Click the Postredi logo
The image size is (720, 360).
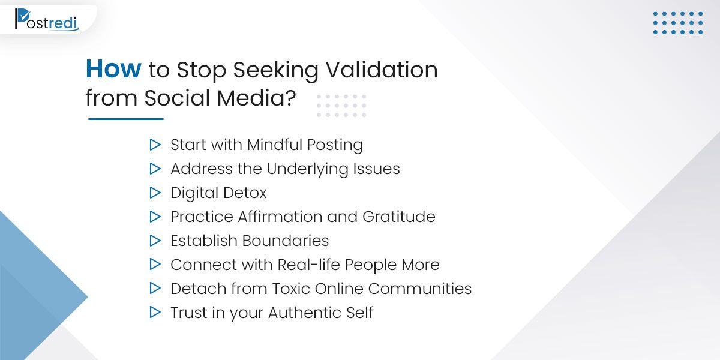point(47,20)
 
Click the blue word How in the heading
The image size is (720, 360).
point(113,69)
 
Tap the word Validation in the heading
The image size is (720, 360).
point(382,70)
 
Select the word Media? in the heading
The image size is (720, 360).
point(256,98)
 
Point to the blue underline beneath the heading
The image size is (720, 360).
point(125,119)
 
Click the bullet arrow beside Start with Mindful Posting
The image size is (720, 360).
point(155,145)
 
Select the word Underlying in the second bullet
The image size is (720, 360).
point(307,169)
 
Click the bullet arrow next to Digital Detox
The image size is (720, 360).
point(155,193)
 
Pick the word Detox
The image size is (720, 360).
point(245,193)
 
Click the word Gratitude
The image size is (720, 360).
point(399,217)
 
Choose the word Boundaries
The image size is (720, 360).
point(286,241)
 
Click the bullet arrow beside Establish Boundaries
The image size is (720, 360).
point(155,241)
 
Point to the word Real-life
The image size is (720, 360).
point(308,265)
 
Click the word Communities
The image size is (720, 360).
point(420,289)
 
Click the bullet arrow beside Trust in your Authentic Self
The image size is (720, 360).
point(155,312)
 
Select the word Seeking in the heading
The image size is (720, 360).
point(275,70)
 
